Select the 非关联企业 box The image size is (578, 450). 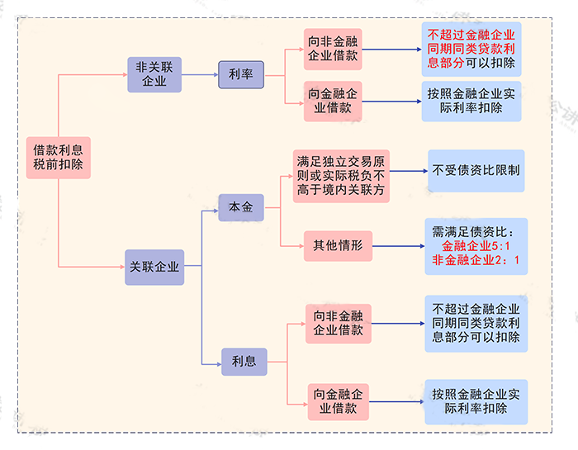pyautogui.click(x=154, y=74)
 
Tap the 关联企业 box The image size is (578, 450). pyautogui.click(x=154, y=267)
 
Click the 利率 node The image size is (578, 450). pyautogui.click(x=240, y=74)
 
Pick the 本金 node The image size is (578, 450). pyautogui.click(x=240, y=206)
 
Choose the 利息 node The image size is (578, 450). pyautogui.click(x=244, y=361)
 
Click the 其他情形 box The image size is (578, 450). pyautogui.click(x=338, y=244)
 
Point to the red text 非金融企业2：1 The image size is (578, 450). pyautogui.click(x=476, y=261)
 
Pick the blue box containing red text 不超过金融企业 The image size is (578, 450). pyautogui.click(x=471, y=49)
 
